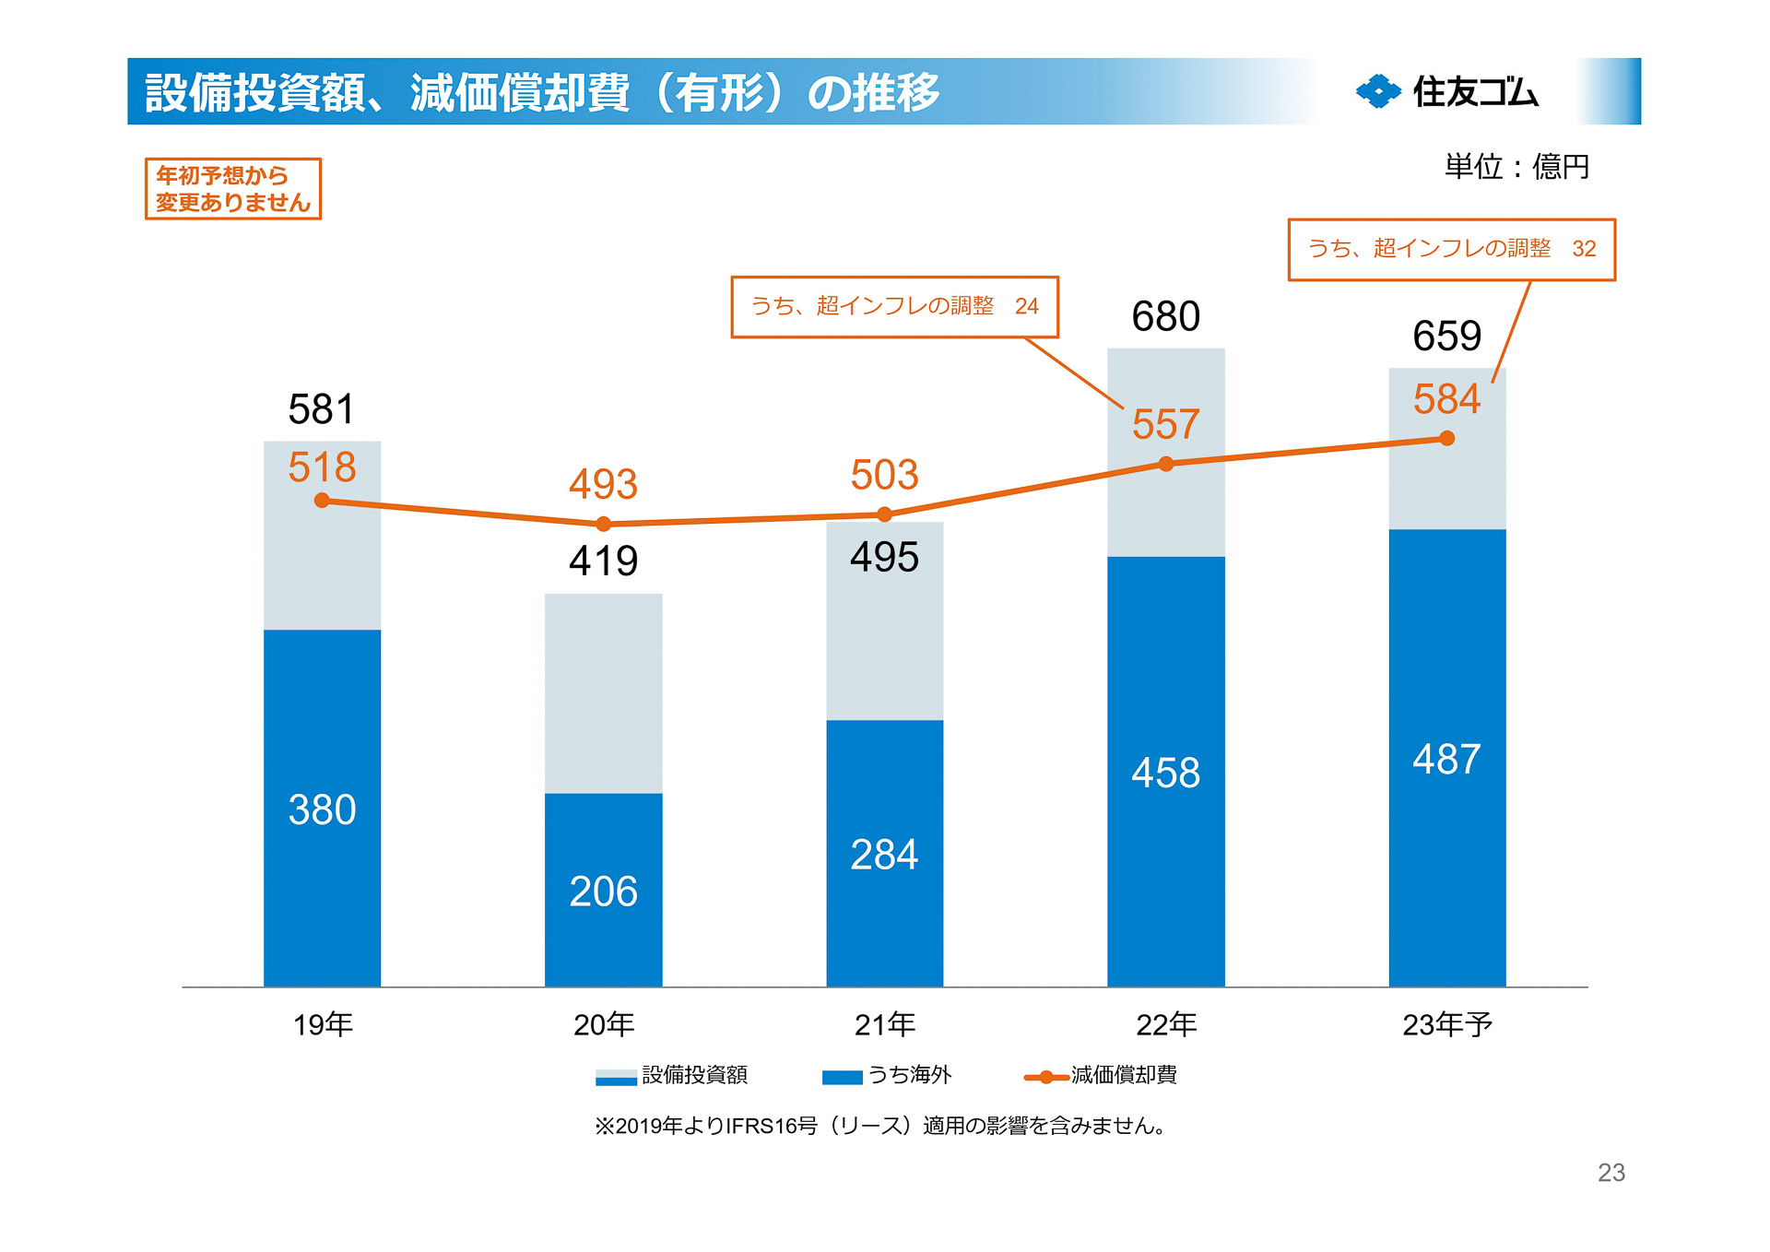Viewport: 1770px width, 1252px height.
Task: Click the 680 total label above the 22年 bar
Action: [1165, 317]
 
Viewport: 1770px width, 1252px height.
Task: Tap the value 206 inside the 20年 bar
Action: [603, 892]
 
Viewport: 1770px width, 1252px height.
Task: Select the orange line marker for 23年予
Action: [1446, 439]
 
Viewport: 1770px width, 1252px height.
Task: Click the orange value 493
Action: [603, 484]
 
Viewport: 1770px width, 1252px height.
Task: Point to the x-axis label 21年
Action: [884, 1024]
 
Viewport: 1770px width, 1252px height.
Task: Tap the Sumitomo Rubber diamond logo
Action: [1378, 91]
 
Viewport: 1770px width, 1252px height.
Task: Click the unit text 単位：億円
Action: [1516, 167]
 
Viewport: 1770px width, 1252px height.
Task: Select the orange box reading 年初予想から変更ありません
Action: [232, 189]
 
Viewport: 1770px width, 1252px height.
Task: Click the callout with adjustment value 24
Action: [894, 306]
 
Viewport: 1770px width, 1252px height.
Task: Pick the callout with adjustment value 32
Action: [1451, 249]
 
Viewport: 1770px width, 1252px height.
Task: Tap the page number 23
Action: [1611, 1173]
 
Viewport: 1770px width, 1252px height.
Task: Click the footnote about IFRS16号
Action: [880, 1126]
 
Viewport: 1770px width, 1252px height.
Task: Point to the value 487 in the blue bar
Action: [1446, 760]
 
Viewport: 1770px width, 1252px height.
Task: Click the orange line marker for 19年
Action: [322, 501]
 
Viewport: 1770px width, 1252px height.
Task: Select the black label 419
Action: [603, 561]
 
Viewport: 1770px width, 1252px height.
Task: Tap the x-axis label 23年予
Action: [1446, 1024]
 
